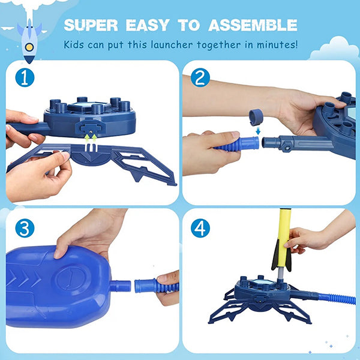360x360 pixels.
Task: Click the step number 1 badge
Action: click(25, 77)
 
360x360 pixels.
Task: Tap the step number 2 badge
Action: click(200, 77)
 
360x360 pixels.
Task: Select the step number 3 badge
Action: click(25, 228)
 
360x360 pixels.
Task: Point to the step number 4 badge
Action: click(200, 228)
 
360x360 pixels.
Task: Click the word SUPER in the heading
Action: click(91, 25)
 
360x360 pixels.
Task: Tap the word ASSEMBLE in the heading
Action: click(253, 25)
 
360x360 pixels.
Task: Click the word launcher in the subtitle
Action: click(172, 44)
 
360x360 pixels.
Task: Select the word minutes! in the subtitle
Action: click(277, 44)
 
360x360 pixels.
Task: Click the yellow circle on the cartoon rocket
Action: click(29, 47)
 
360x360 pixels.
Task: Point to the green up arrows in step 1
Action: click(91, 139)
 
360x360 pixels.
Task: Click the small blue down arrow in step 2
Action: click(258, 131)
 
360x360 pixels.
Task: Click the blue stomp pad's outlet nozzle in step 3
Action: click(120, 286)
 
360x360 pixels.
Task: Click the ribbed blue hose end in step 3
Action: click(156, 286)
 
